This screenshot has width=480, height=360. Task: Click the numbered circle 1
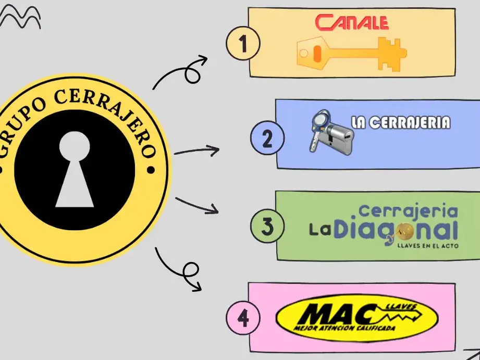click(x=243, y=43)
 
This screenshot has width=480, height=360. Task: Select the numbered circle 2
click(x=267, y=138)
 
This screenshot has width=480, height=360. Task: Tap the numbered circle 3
click(x=267, y=226)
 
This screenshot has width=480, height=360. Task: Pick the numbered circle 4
click(x=243, y=318)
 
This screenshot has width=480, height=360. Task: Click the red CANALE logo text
click(x=352, y=22)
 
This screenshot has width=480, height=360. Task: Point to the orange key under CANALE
click(x=352, y=54)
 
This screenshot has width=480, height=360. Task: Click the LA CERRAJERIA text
click(x=401, y=122)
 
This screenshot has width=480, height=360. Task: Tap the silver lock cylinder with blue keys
click(x=331, y=132)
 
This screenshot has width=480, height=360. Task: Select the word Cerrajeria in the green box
click(x=409, y=211)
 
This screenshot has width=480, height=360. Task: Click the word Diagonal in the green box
click(x=396, y=230)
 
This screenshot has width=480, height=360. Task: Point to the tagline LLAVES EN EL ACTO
click(x=428, y=245)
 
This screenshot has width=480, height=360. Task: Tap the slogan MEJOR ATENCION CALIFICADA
click(x=344, y=328)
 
